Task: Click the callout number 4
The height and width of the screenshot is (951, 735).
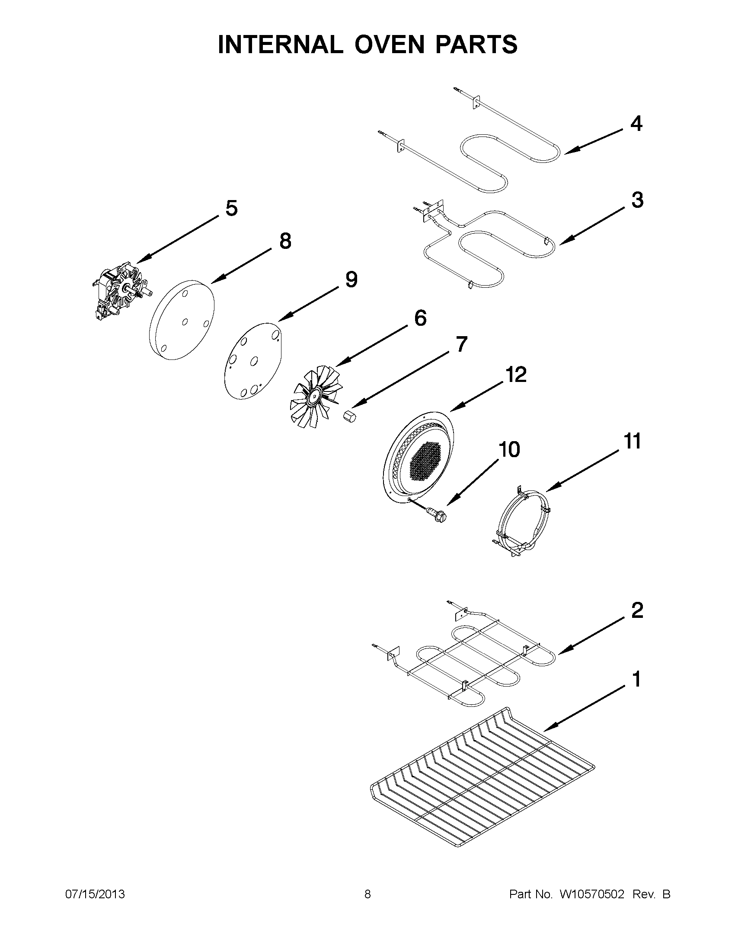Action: coord(636,124)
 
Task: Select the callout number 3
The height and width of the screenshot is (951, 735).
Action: coord(637,200)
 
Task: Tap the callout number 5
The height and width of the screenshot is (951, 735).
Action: coord(231,209)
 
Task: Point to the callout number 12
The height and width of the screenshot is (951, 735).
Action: coord(516,375)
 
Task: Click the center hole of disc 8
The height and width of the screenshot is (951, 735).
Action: coord(185,322)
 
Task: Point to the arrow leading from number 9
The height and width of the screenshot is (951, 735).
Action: coord(310,305)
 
